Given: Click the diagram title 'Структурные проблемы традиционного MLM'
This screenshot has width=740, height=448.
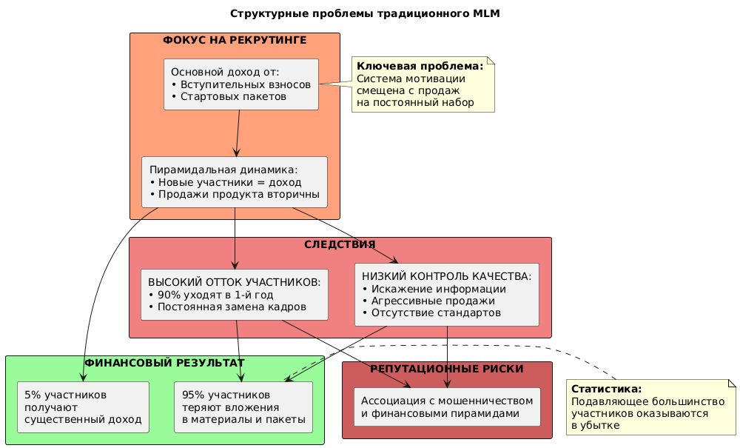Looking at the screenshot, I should (x=369, y=13).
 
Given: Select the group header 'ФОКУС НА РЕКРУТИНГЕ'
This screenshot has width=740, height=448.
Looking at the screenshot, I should (x=235, y=39).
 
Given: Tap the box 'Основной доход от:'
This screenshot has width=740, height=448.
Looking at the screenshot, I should (x=241, y=84).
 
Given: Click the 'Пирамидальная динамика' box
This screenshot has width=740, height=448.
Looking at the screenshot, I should (x=234, y=181).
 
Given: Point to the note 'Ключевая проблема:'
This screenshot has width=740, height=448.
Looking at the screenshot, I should (x=423, y=84).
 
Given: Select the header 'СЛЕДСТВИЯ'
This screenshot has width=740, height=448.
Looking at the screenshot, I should (x=340, y=244).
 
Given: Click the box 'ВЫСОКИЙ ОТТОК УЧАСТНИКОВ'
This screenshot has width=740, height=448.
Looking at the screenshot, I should (x=234, y=294).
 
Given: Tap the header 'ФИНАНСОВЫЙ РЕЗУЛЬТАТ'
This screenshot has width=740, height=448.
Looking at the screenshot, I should (x=164, y=363).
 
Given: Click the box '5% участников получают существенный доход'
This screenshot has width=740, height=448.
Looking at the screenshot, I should (x=83, y=407).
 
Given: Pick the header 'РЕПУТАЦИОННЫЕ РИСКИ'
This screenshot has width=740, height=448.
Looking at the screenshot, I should (x=447, y=369).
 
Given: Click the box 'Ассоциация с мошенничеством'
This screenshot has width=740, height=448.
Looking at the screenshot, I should (x=447, y=407).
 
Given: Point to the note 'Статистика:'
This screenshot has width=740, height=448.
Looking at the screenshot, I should (x=650, y=407).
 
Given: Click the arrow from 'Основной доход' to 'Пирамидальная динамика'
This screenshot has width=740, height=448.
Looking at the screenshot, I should (x=238, y=133).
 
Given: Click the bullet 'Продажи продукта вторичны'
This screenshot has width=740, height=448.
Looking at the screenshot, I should (x=238, y=194).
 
